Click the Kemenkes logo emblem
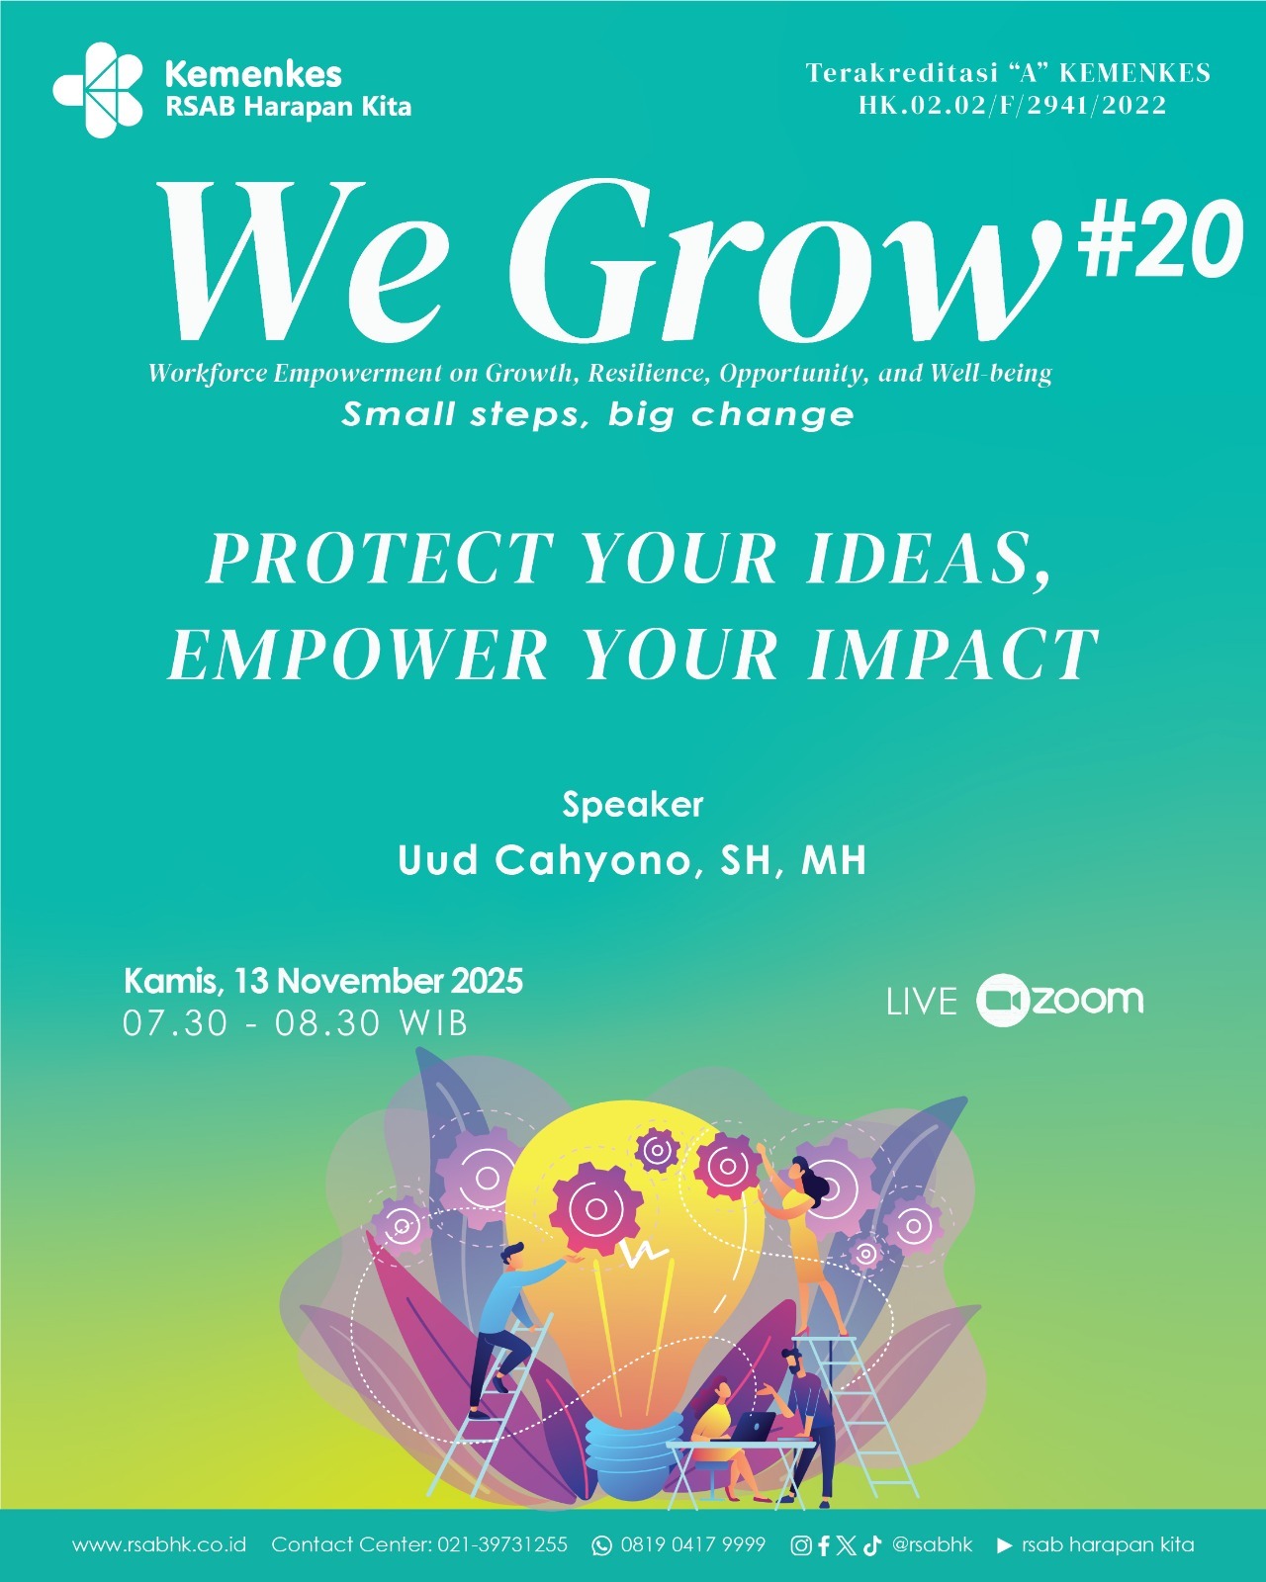click(x=99, y=89)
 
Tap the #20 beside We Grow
click(x=1159, y=238)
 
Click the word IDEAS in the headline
click(x=928, y=559)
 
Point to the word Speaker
click(x=632, y=805)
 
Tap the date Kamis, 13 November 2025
click(x=323, y=981)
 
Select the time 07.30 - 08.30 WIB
click(x=295, y=1022)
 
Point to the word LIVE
click(x=922, y=1002)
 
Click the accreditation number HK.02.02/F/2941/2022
click(x=1013, y=105)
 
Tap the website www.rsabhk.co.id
click(x=159, y=1544)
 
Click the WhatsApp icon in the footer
click(x=601, y=1545)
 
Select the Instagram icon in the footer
click(x=801, y=1545)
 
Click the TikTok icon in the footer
click(x=871, y=1545)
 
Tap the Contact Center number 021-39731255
click(x=503, y=1544)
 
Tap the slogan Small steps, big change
click(x=597, y=413)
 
